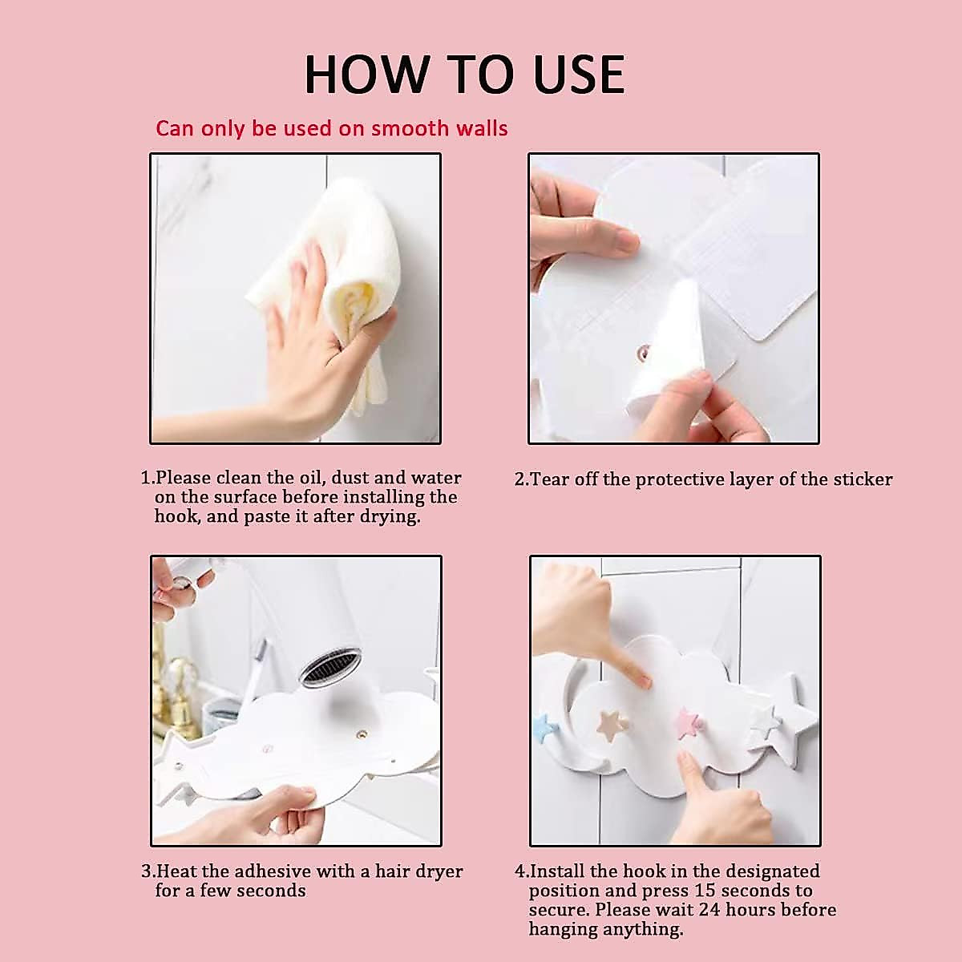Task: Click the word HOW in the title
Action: click(367, 75)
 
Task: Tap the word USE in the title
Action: click(579, 75)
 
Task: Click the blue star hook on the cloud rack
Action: click(543, 729)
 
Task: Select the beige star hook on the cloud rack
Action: click(612, 726)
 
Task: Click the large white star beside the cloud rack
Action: click(788, 720)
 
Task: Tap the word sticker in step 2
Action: click(863, 479)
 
